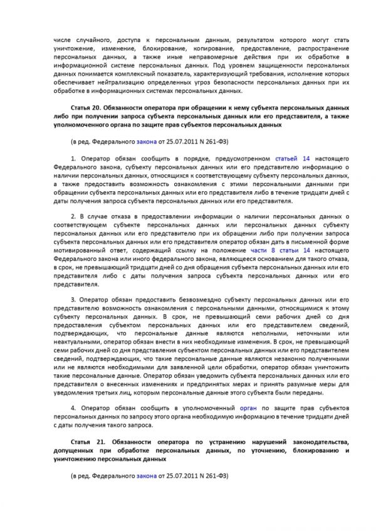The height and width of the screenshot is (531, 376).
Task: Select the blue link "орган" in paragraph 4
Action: pyautogui.click(x=248, y=407)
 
